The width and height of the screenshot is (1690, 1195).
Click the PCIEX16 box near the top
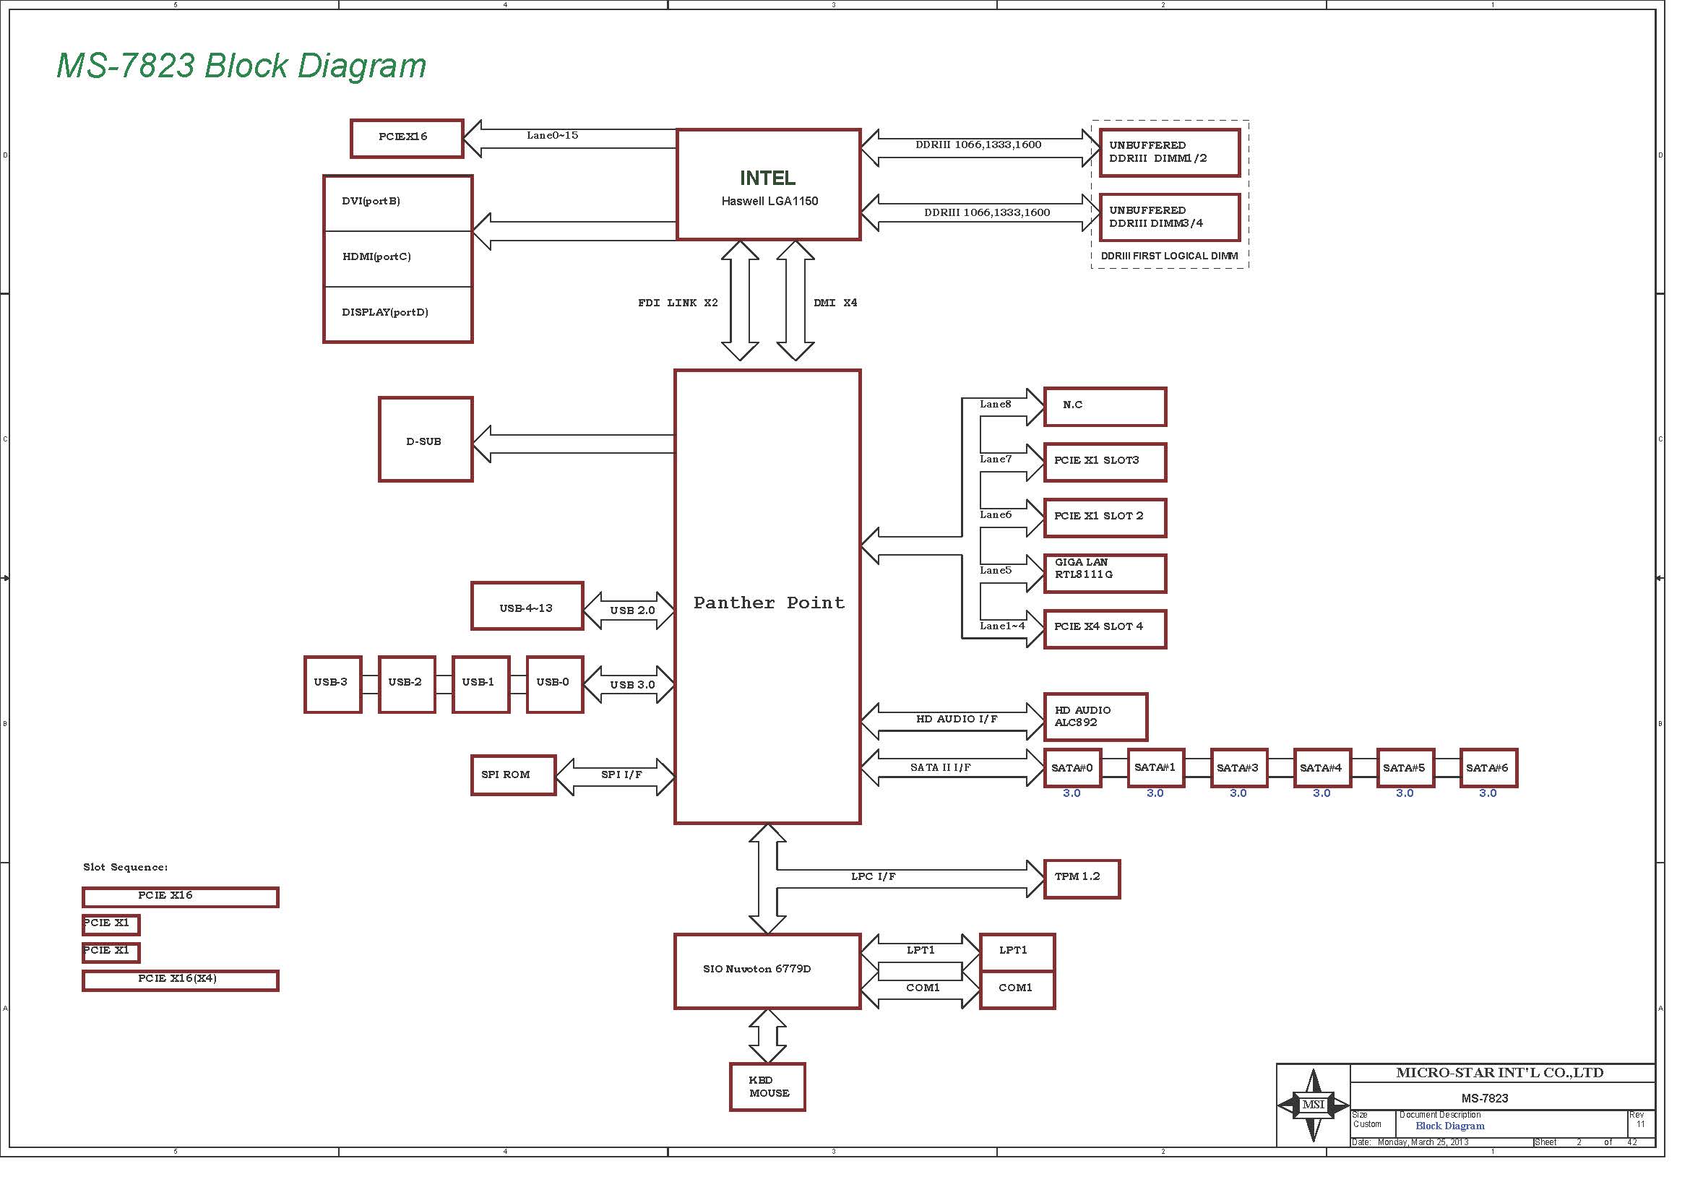(406, 138)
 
